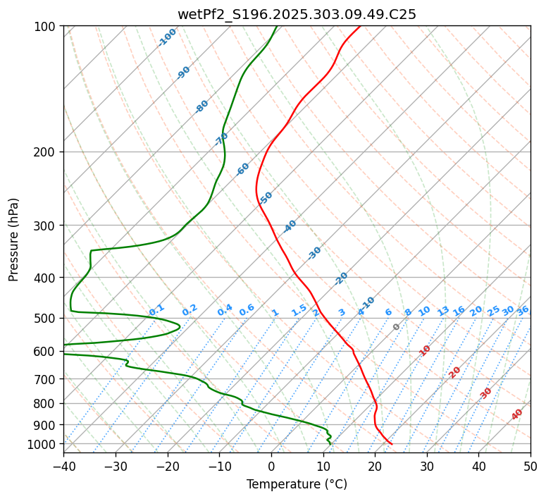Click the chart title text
pyautogui.click(x=297, y=14)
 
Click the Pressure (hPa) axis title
pyautogui.click(x=14, y=240)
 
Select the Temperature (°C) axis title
pyautogui.click(x=297, y=484)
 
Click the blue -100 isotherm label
pyautogui.click(x=168, y=37)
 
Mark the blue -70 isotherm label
pyautogui.click(x=221, y=139)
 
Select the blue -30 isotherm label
pyautogui.click(x=314, y=253)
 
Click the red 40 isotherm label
pyautogui.click(x=517, y=414)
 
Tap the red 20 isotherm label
pyautogui.click(x=455, y=371)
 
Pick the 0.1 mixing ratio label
pyautogui.click(x=156, y=310)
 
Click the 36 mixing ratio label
pyautogui.click(x=523, y=310)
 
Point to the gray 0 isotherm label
pyautogui.click(x=396, y=327)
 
